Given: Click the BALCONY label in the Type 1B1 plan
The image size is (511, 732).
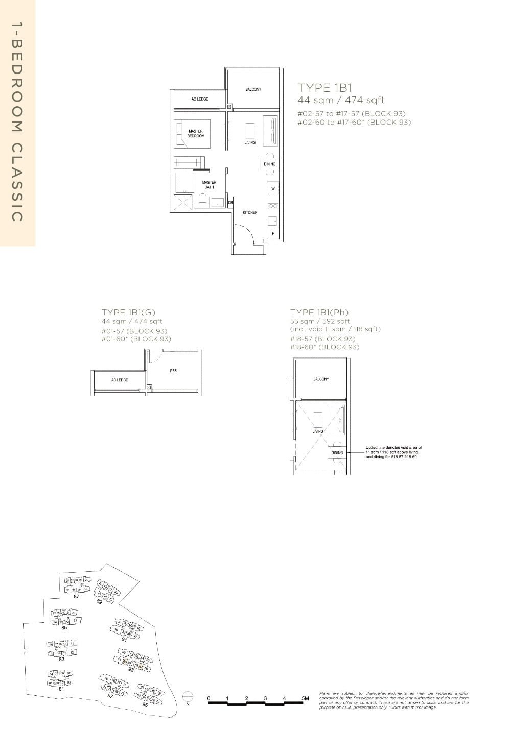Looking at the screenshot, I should click(x=253, y=90).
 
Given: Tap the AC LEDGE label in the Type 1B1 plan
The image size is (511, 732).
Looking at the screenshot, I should click(x=199, y=99).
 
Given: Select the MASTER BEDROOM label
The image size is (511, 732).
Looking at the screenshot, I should click(x=196, y=134).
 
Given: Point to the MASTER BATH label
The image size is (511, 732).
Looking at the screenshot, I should click(x=209, y=184).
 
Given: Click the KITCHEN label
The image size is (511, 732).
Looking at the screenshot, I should click(x=250, y=212).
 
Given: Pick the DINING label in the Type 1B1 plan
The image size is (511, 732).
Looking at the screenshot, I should click(x=270, y=164).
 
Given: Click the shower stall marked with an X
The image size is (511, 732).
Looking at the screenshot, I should click(x=183, y=202).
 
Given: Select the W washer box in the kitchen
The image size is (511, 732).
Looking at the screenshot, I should click(x=273, y=189).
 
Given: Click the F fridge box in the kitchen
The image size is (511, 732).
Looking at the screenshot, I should click(x=273, y=234).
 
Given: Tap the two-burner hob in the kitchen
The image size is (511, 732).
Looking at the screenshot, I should click(x=273, y=206).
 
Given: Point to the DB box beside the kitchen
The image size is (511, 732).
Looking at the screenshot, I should click(x=230, y=203).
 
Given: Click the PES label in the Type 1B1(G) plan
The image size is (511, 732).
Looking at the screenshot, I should click(x=173, y=371).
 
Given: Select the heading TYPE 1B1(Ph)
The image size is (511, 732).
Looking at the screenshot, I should click(x=319, y=312).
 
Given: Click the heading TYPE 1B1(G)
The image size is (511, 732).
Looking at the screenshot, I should click(x=128, y=312).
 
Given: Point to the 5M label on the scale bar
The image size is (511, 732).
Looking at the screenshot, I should click(x=306, y=698).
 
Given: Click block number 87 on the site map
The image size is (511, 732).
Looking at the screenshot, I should click(x=76, y=596).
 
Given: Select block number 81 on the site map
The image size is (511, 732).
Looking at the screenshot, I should click(x=61, y=689).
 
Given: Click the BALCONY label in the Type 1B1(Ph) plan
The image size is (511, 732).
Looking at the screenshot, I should click(x=321, y=379).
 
